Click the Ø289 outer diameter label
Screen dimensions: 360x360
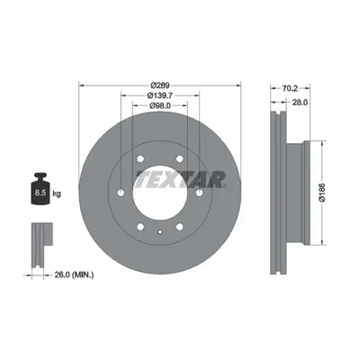pyautogui.click(x=160, y=85)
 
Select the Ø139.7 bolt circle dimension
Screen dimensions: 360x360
pyautogui.click(x=161, y=95)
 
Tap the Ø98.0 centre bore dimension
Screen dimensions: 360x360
pyautogui.click(x=160, y=105)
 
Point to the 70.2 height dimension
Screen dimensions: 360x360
pyautogui.click(x=290, y=88)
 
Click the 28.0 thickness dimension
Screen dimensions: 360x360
pyautogui.click(x=300, y=103)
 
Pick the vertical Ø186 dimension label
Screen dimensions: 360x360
pyautogui.click(x=322, y=193)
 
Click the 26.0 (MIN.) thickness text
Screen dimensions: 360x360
pyautogui.click(x=74, y=274)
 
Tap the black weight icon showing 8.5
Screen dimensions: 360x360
pyautogui.click(x=40, y=188)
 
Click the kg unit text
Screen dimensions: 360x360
pyautogui.click(x=57, y=193)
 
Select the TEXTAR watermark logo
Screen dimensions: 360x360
pyautogui.click(x=180, y=179)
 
